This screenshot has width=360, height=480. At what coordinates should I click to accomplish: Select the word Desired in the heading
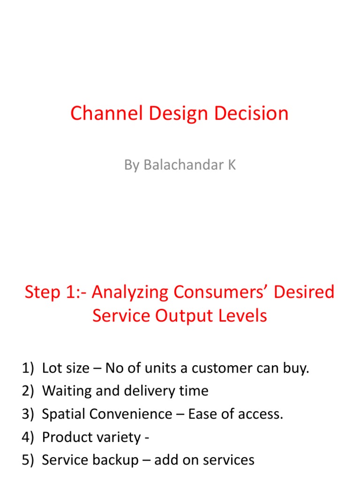pyautogui.click(x=306, y=292)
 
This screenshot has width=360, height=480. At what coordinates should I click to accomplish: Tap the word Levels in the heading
pyautogui.click(x=244, y=315)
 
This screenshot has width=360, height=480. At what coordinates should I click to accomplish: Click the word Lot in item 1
pyautogui.click(x=51, y=368)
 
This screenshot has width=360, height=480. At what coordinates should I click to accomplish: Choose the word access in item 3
pyautogui.click(x=263, y=414)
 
